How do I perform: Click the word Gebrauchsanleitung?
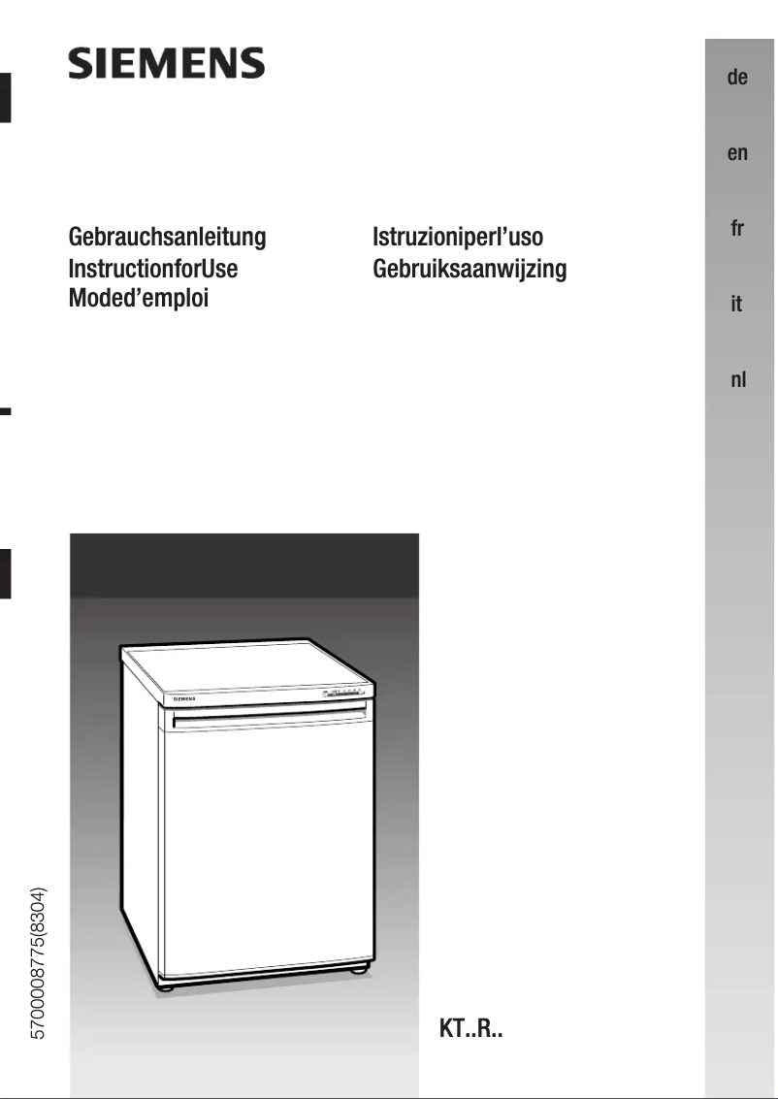point(167,237)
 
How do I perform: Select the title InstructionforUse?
point(153,268)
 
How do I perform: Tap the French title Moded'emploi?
point(139,298)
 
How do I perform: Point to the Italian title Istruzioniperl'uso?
point(458,237)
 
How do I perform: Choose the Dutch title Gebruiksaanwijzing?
point(470,268)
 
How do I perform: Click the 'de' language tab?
point(737,78)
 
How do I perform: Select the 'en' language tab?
point(737,153)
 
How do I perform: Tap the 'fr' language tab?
point(737,229)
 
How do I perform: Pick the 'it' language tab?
point(737,305)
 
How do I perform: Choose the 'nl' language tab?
point(737,379)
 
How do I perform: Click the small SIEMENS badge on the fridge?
point(184,698)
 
